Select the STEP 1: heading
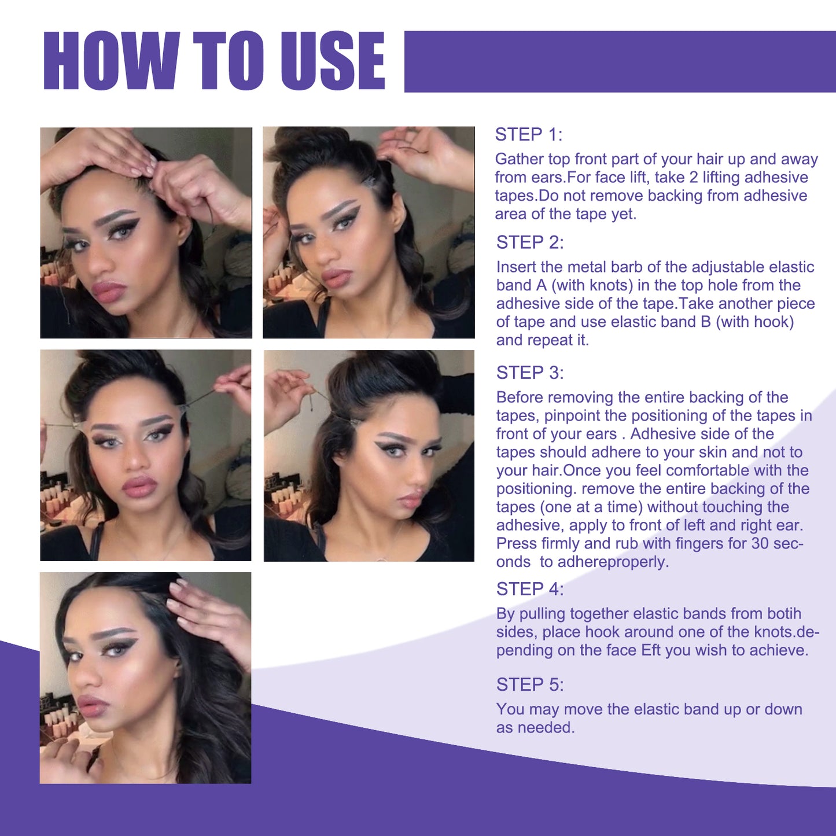(x=528, y=135)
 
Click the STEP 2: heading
(x=529, y=242)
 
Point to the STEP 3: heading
(x=529, y=373)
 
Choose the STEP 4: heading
(x=529, y=589)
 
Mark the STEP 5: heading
(x=529, y=685)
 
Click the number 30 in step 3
(x=760, y=543)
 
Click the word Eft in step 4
(x=650, y=650)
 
